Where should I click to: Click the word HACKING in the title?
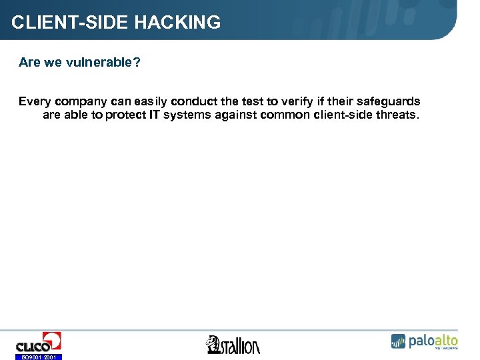click(x=177, y=23)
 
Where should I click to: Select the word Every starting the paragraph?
click(x=35, y=101)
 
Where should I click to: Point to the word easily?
click(x=150, y=101)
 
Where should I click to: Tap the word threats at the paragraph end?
click(x=399, y=115)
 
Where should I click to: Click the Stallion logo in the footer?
click(x=233, y=345)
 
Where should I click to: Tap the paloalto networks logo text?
click(x=433, y=341)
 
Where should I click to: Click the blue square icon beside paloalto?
click(x=398, y=341)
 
